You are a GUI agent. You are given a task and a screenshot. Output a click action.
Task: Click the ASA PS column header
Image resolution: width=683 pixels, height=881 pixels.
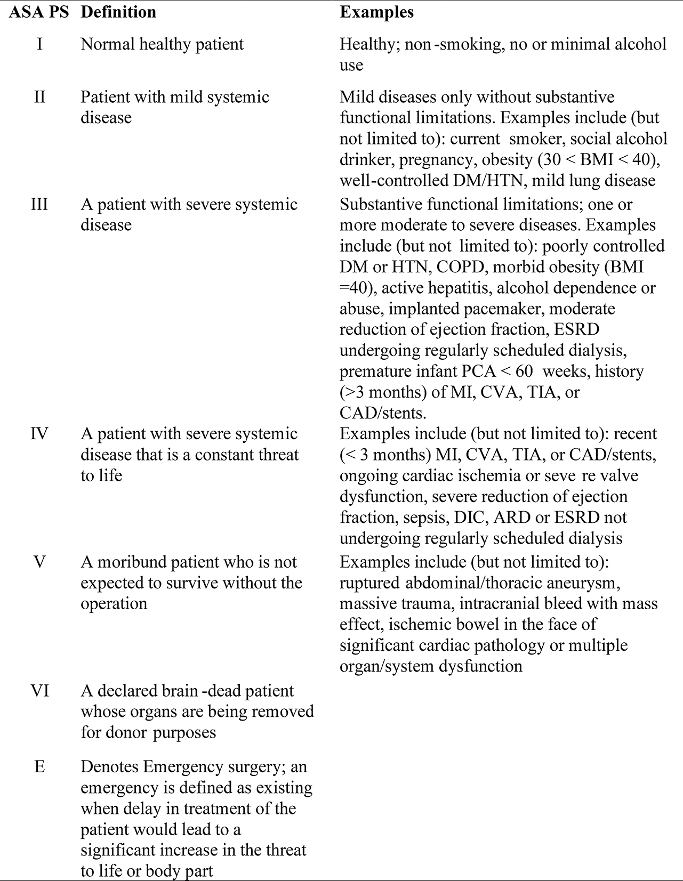pyautogui.click(x=39, y=12)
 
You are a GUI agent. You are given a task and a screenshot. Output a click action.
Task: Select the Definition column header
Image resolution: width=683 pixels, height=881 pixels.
pyautogui.click(x=118, y=12)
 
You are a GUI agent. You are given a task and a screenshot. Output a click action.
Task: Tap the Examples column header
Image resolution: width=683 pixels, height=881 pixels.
pyautogui.click(x=376, y=12)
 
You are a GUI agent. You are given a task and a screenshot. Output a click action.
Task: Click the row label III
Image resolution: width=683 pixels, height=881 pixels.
pyautogui.click(x=39, y=204)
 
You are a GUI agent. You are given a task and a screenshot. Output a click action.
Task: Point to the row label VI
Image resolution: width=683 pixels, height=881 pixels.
pyautogui.click(x=39, y=691)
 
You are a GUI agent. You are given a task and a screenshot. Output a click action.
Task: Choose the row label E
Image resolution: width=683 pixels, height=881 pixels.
pyautogui.click(x=39, y=767)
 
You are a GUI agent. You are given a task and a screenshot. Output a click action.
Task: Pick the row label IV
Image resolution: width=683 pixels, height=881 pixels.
pyautogui.click(x=39, y=434)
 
